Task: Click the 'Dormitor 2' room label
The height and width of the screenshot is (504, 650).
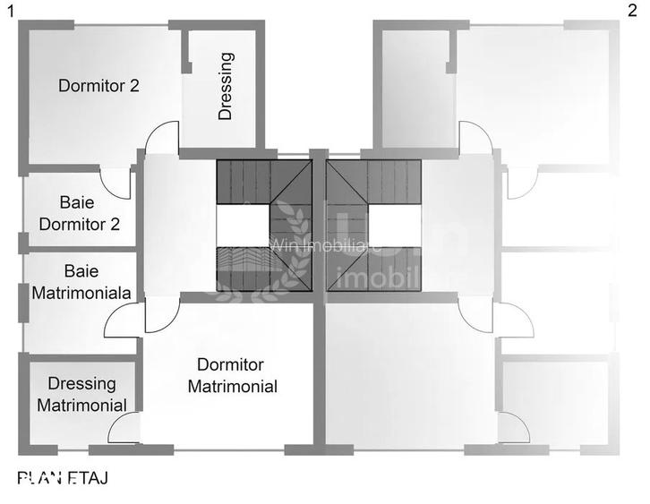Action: point(98,87)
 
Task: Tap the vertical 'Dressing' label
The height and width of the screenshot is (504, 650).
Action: point(226,86)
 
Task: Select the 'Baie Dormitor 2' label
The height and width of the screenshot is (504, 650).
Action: point(79,213)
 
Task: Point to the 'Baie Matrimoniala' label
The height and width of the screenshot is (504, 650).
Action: point(81,281)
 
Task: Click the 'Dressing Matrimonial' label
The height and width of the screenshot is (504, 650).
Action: point(81,394)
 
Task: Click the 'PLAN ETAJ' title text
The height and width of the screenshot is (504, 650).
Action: point(63,479)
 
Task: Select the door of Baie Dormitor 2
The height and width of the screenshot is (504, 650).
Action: point(118,182)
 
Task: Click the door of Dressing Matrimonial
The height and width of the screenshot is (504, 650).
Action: point(123,428)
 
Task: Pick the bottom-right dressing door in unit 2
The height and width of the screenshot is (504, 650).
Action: point(514,428)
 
